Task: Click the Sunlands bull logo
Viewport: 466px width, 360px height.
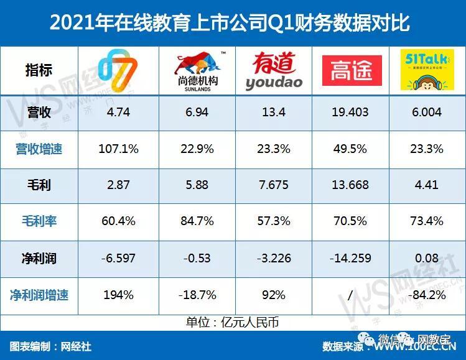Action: click(197, 70)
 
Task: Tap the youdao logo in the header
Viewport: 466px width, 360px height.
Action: click(274, 70)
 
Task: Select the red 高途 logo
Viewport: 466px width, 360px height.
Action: click(352, 70)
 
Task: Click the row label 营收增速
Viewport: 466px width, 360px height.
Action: click(39, 149)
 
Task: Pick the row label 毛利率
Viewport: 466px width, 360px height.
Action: click(39, 221)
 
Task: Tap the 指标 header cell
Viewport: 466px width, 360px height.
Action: click(39, 70)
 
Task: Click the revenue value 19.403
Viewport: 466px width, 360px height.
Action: click(350, 113)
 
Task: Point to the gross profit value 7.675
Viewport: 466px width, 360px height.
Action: click(273, 185)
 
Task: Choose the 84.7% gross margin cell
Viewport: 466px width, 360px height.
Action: click(196, 221)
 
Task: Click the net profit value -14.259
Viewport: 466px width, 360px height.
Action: click(350, 257)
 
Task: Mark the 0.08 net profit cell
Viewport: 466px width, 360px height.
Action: click(426, 257)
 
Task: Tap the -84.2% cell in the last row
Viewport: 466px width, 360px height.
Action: click(426, 294)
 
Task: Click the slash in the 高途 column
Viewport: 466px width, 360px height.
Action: click(350, 294)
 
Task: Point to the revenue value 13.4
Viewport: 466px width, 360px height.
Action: click(273, 113)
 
